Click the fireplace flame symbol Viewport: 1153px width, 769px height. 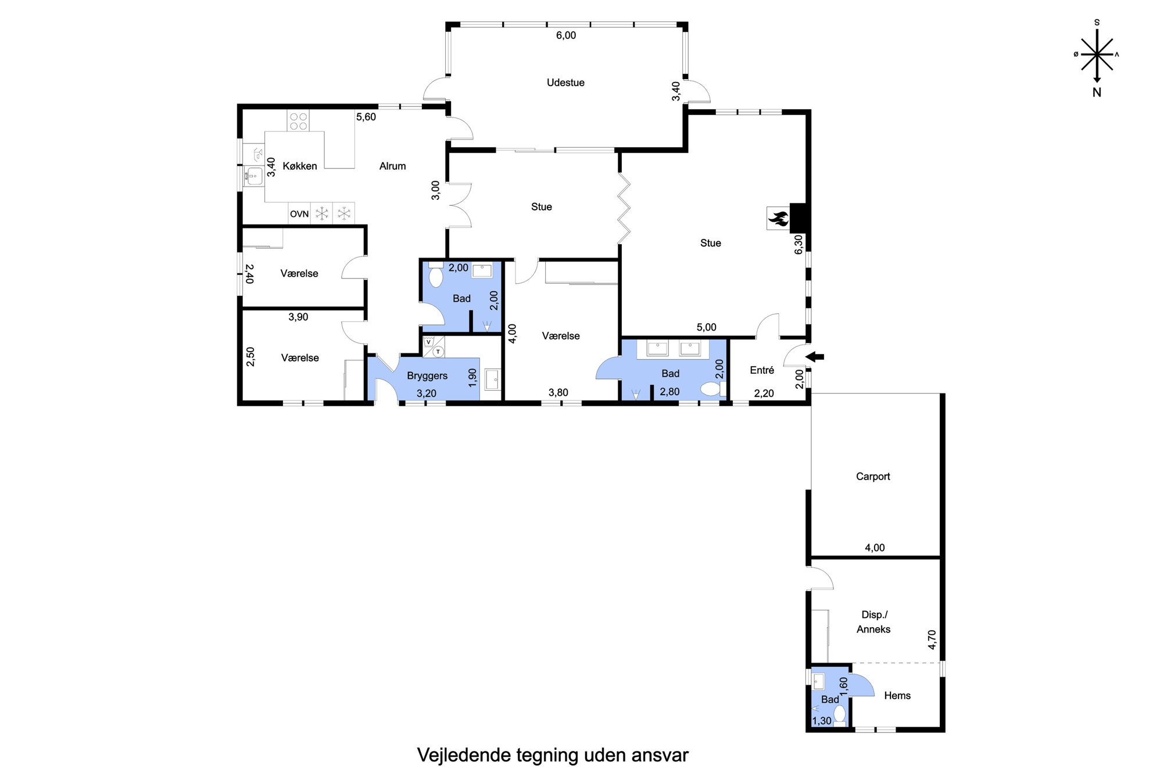pyautogui.click(x=778, y=219)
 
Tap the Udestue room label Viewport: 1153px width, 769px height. pyautogui.click(x=565, y=83)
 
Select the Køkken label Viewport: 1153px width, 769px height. pyautogui.click(x=300, y=166)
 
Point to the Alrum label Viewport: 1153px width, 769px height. pyautogui.click(x=392, y=166)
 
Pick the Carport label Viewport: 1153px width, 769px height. pyautogui.click(x=873, y=477)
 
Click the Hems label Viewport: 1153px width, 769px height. pyautogui.click(x=897, y=696)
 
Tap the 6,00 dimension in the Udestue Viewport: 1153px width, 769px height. pyautogui.click(x=566, y=35)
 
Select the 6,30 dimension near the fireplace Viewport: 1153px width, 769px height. pyautogui.click(x=799, y=244)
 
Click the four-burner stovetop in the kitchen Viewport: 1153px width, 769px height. pyautogui.click(x=299, y=121)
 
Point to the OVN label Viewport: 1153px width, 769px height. pyautogui.click(x=299, y=214)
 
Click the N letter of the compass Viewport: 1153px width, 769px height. pyautogui.click(x=1097, y=92)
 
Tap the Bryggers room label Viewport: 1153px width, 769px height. pyautogui.click(x=427, y=376)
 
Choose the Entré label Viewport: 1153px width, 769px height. pyautogui.click(x=762, y=370)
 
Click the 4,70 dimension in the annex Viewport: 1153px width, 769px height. pyautogui.click(x=932, y=639)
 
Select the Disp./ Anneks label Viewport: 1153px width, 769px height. pyautogui.click(x=873, y=622)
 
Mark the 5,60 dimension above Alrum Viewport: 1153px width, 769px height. pyautogui.click(x=366, y=117)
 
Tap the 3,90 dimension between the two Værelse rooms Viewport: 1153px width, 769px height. pyautogui.click(x=298, y=317)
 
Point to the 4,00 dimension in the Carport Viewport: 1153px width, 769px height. pyautogui.click(x=875, y=548)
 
